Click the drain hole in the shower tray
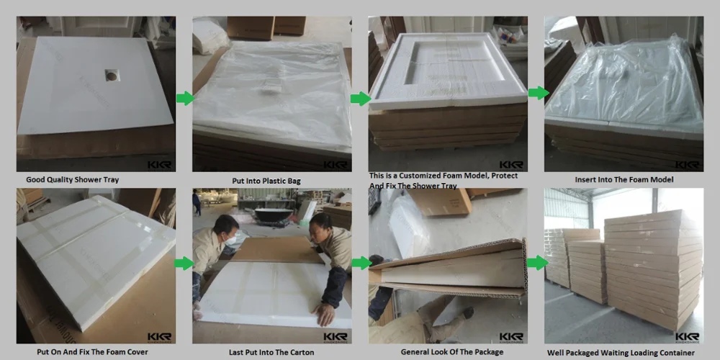[112, 75]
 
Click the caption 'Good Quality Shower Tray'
[72, 179]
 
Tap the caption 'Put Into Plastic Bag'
[266, 181]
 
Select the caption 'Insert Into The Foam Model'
[624, 179]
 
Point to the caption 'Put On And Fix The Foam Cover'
[93, 352]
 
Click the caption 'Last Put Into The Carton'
[271, 352]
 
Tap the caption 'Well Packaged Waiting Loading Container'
[621, 353]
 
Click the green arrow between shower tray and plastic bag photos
[185, 98]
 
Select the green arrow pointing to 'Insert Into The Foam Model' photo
[538, 93]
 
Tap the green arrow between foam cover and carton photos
[184, 263]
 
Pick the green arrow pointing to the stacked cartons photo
[537, 263]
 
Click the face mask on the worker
[230, 239]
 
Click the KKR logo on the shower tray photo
[159, 165]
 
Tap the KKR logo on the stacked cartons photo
[688, 338]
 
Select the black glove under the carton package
[467, 312]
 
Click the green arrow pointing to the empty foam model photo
[361, 98]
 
